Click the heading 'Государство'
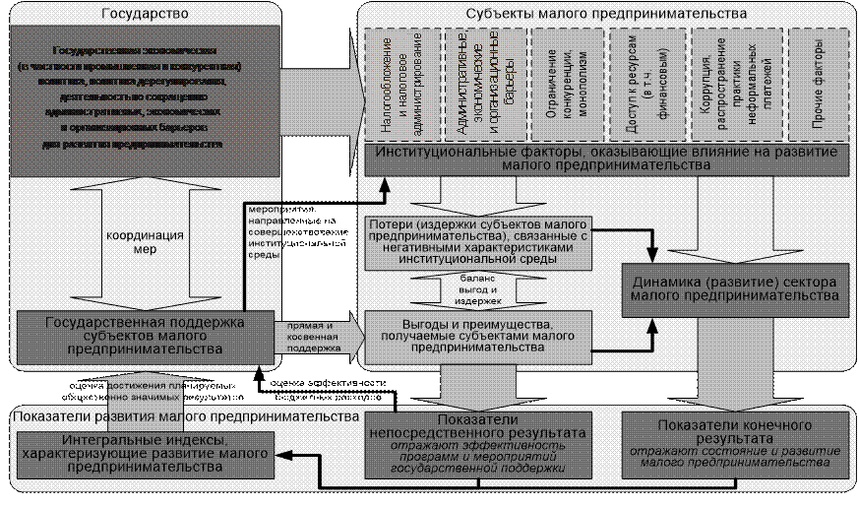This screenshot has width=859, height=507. point(145,14)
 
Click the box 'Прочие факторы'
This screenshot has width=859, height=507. point(816,85)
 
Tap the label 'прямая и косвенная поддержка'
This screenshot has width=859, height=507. point(312,336)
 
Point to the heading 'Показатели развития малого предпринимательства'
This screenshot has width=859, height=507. point(185,415)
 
